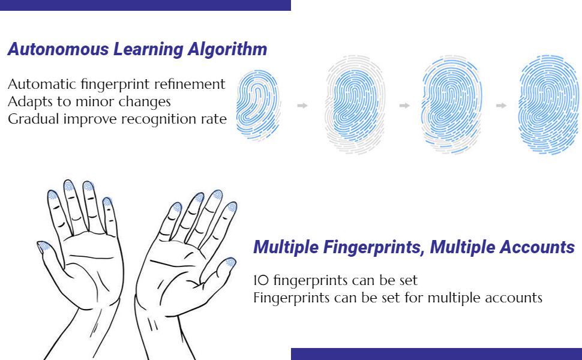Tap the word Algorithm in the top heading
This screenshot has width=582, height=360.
[235, 49]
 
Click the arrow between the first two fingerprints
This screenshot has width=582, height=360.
[302, 106]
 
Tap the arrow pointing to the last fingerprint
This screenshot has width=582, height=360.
[501, 106]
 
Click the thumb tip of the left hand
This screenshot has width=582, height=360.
[44, 246]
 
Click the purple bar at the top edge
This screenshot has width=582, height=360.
[145, 5]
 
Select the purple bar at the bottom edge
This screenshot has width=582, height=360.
[436, 354]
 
